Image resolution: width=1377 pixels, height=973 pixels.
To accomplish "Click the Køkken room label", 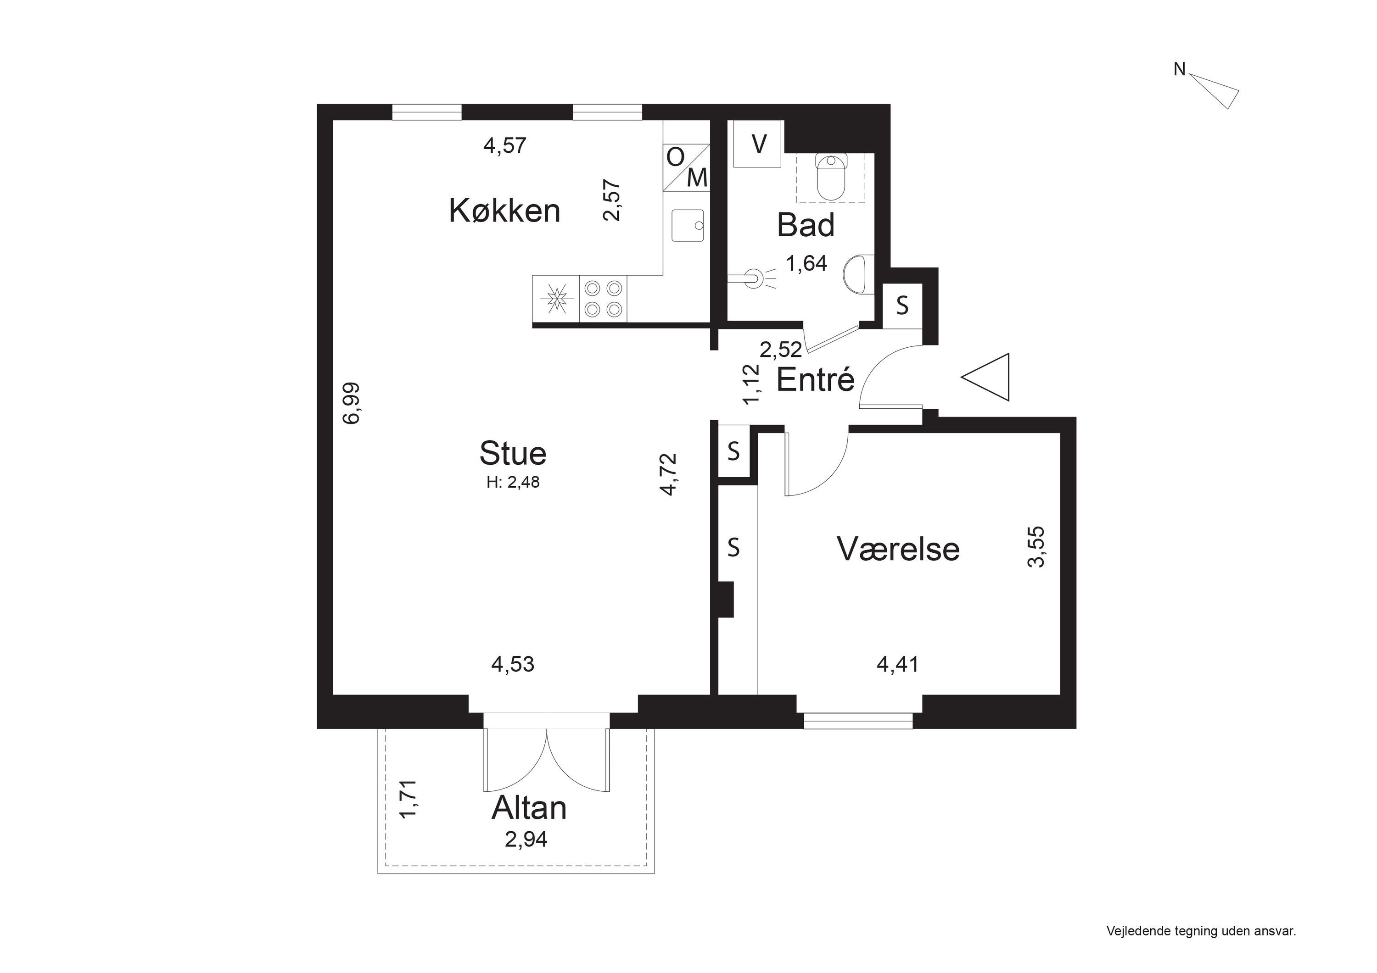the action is point(504,211).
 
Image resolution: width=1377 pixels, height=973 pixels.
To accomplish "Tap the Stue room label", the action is point(513,453).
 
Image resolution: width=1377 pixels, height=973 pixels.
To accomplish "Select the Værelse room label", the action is point(898,549).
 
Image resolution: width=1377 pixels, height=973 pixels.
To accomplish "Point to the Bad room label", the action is point(806,225).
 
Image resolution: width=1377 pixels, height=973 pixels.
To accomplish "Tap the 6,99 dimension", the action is point(352,403).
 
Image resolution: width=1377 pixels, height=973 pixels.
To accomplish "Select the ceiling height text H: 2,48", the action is point(513,483).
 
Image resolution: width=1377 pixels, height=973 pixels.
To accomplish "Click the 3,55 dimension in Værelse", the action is point(1036,546).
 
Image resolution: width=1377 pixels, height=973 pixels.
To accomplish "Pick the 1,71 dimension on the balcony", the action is point(408,799).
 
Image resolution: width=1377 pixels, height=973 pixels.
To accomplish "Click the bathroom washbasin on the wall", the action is point(858,275).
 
